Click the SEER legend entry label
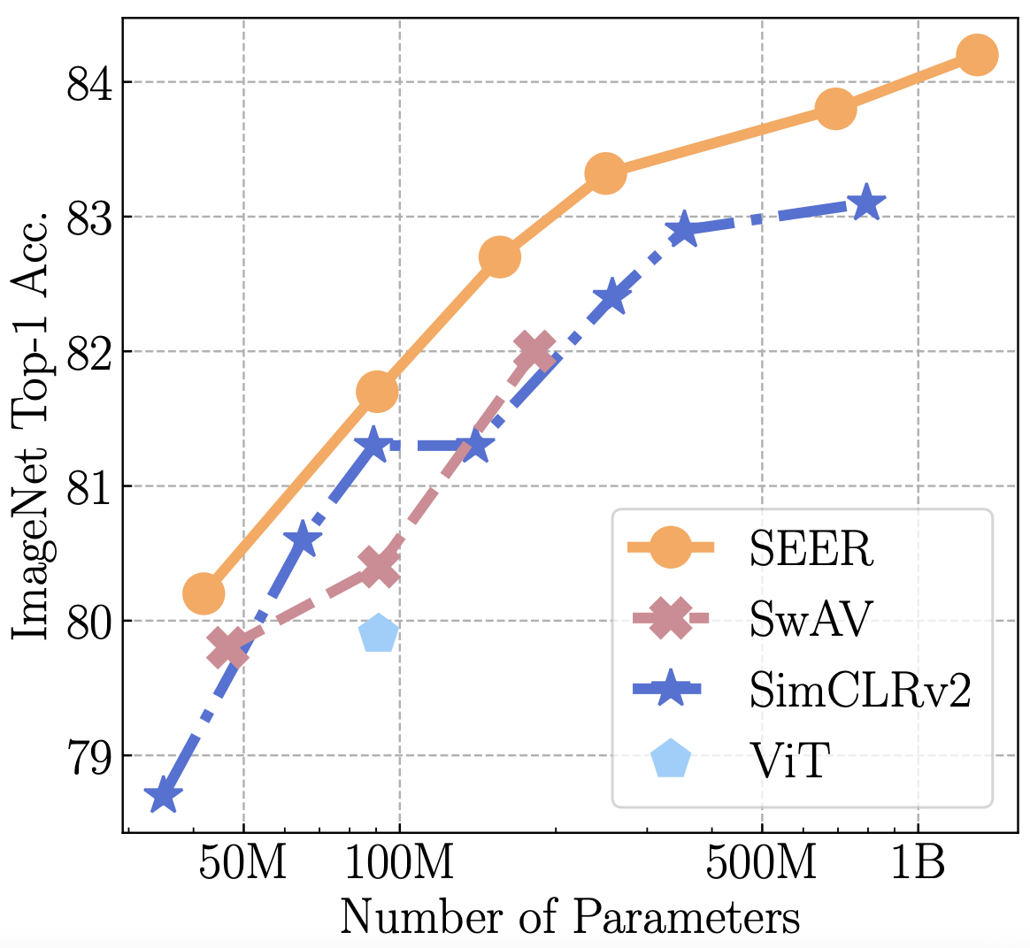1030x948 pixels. point(811,549)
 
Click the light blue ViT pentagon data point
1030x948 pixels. point(379,633)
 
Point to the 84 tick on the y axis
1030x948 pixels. point(88,83)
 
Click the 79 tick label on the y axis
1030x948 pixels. point(88,756)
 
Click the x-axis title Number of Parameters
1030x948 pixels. point(570,917)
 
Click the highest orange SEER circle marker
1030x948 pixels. point(977,55)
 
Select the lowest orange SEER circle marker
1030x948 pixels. point(203,593)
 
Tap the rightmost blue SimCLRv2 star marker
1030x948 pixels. point(866,203)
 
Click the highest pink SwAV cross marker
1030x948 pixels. point(534,351)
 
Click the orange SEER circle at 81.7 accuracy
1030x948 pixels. point(377,392)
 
